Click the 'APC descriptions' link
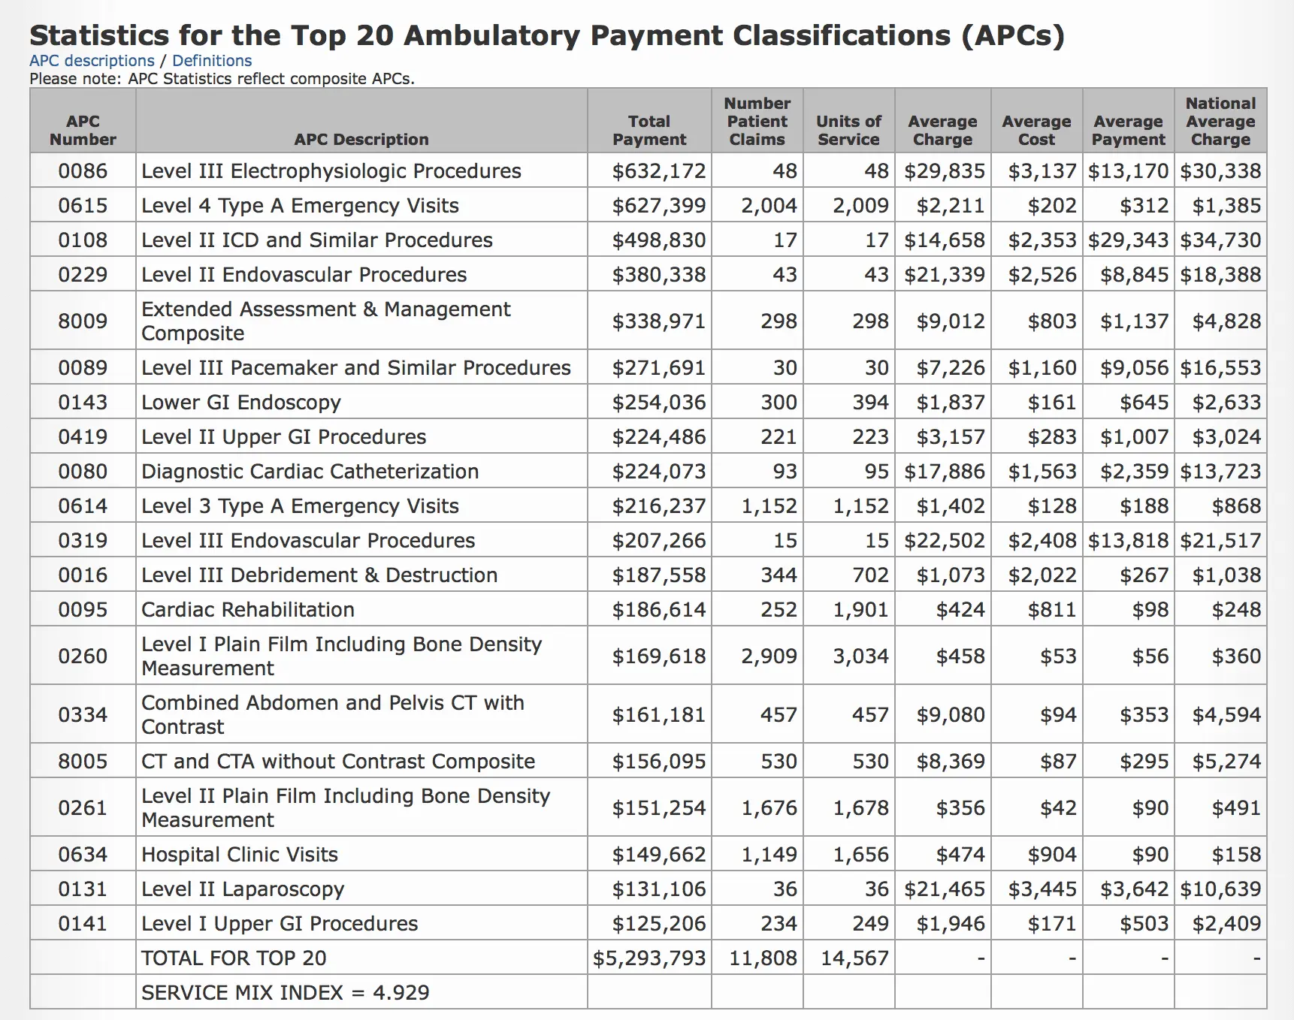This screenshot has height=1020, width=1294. tap(92, 61)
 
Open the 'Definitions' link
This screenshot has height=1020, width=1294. tap(212, 61)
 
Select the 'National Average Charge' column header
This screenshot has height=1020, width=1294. tap(1220, 122)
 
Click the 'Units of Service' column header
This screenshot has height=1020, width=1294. tap(848, 131)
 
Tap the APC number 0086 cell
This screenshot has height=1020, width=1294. tap(83, 171)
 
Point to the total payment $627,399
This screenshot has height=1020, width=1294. tap(658, 206)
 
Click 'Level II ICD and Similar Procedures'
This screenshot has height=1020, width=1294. tap(317, 240)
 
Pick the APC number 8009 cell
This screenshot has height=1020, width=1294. tap(83, 321)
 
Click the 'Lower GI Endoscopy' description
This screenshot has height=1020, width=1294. tap(241, 403)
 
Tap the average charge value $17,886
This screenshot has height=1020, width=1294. tap(944, 472)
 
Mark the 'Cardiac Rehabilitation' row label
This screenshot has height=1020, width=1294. tap(248, 610)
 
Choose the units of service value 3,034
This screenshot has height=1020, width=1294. tap(860, 656)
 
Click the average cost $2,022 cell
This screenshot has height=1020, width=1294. tap(1042, 575)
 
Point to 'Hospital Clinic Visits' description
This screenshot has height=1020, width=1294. tap(240, 855)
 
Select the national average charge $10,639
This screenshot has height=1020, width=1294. tap(1220, 889)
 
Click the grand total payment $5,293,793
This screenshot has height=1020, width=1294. tap(649, 958)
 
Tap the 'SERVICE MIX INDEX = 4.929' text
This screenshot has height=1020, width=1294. tap(286, 993)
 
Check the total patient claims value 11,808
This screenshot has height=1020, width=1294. tap(763, 958)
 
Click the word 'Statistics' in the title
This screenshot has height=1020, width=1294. tap(99, 35)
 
